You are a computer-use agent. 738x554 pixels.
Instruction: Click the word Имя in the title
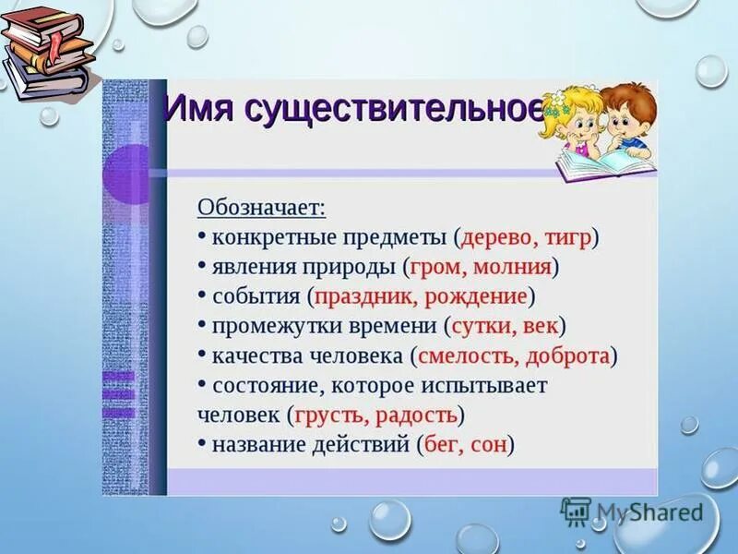(x=199, y=108)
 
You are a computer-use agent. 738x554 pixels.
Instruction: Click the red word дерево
(x=496, y=236)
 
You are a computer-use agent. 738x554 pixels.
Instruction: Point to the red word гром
(x=438, y=267)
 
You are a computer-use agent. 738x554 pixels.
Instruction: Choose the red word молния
(x=512, y=267)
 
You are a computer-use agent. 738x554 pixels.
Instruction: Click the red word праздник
(x=359, y=297)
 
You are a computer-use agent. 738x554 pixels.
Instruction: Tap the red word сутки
(x=482, y=326)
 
